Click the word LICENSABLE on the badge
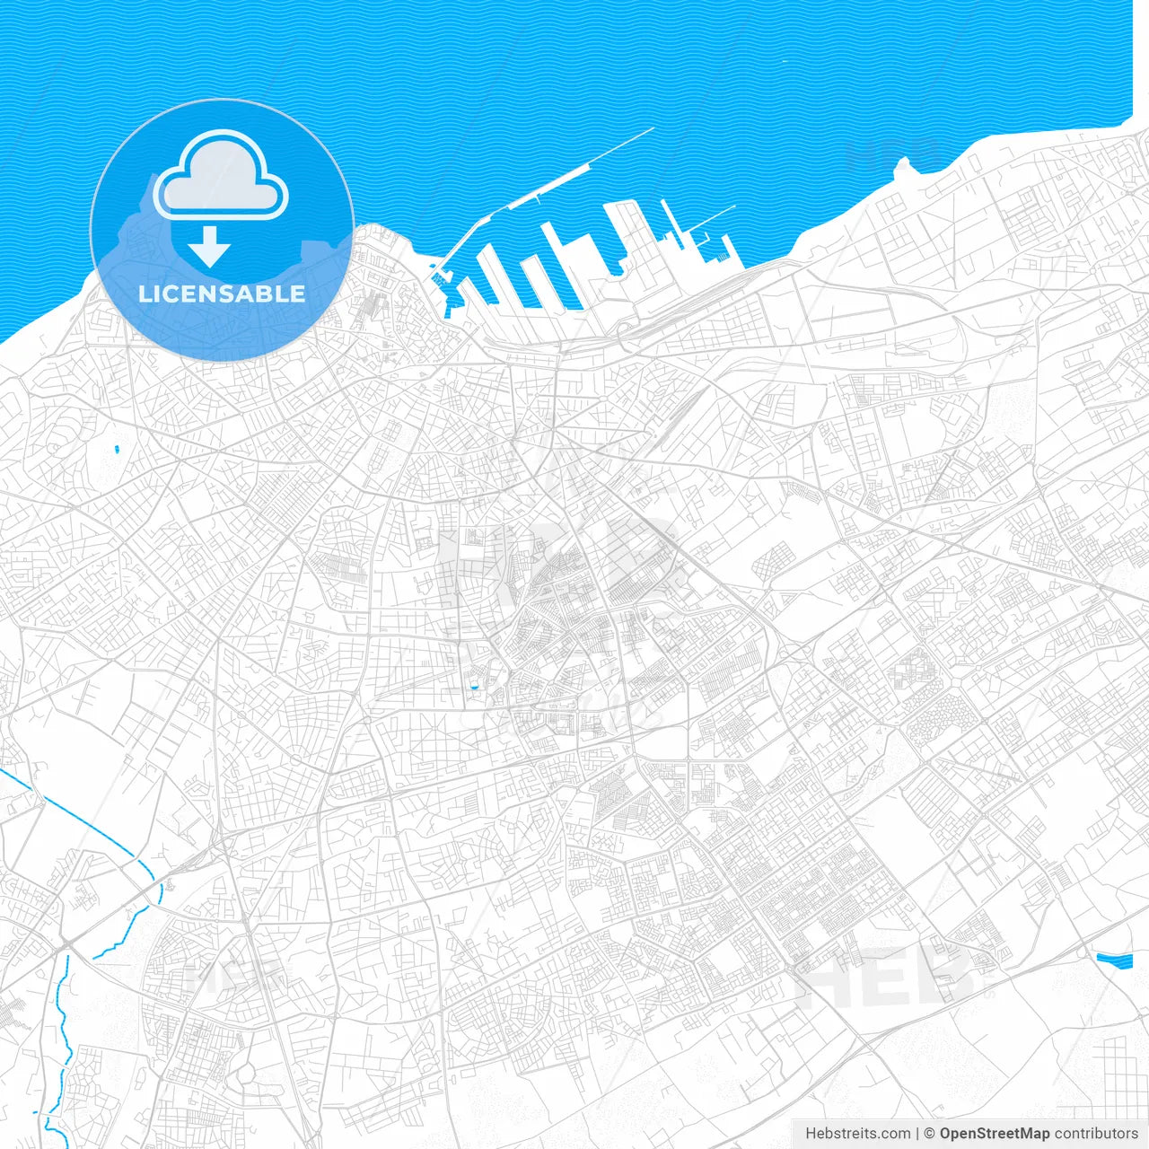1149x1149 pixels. tap(222, 294)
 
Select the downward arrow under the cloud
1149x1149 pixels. tap(209, 246)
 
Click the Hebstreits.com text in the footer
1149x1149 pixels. tap(857, 1134)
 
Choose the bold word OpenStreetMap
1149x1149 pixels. tap(995, 1134)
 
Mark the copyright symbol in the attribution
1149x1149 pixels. tap(930, 1134)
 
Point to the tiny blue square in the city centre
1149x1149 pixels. tap(473, 689)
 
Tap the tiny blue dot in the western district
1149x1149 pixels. tap(118, 448)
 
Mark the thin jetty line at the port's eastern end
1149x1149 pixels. tap(714, 216)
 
